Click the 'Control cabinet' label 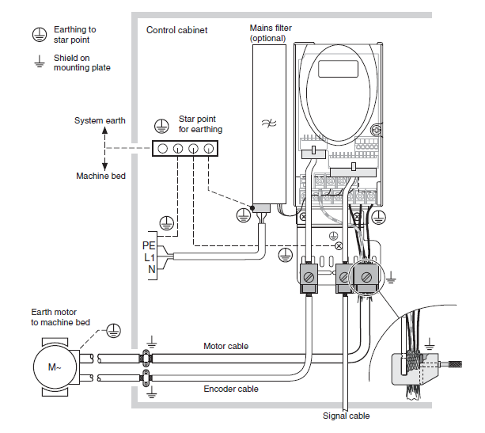[x=177, y=30]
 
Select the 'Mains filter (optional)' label [x=271, y=33]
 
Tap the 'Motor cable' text [x=226, y=346]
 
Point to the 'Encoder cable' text [x=230, y=389]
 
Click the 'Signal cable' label [x=346, y=416]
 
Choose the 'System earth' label [x=100, y=121]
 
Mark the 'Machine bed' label [x=100, y=176]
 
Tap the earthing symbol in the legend [x=36, y=34]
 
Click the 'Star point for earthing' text [x=200, y=124]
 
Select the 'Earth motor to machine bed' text [x=60, y=317]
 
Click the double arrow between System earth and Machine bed [x=106, y=148]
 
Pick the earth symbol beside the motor [x=113, y=327]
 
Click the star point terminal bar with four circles [x=185, y=148]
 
